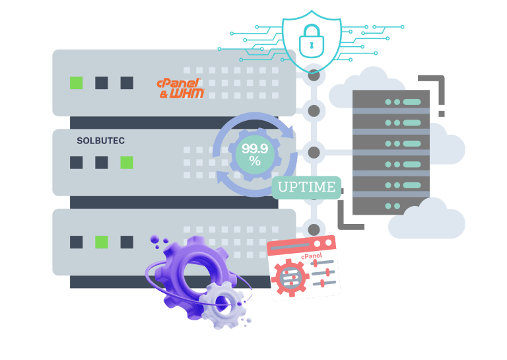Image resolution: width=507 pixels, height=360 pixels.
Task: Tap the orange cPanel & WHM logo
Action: pyautogui.click(x=180, y=88)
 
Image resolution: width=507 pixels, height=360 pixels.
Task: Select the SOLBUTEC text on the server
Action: pyautogui.click(x=100, y=141)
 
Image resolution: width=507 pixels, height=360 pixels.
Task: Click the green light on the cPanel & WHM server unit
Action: pyautogui.click(x=77, y=83)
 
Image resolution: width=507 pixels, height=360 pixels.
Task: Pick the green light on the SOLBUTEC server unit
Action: pyautogui.click(x=126, y=162)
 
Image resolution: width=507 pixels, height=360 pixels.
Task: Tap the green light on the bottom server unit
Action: pyautogui.click(x=101, y=242)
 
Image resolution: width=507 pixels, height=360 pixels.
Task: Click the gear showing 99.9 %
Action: pyautogui.click(x=251, y=155)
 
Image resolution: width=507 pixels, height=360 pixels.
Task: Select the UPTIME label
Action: pyautogui.click(x=306, y=187)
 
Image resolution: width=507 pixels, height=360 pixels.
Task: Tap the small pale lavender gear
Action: pyautogui.click(x=223, y=304)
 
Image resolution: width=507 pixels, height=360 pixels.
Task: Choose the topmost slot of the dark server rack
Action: pyautogui.click(x=391, y=102)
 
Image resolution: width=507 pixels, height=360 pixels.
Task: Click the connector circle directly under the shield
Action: pyautogui.click(x=314, y=75)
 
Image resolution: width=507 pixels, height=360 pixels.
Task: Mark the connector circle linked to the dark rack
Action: pyautogui.click(x=314, y=153)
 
